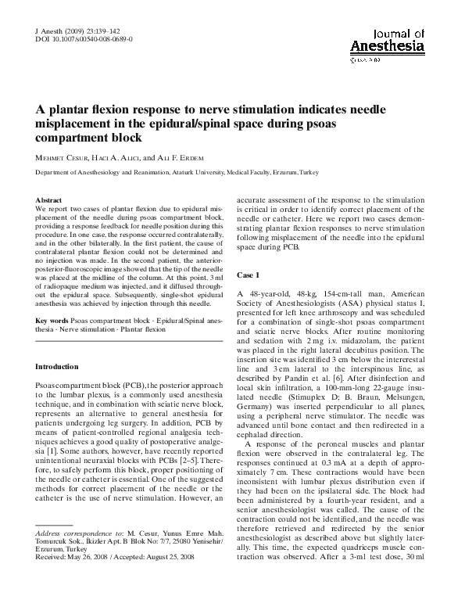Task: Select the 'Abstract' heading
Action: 49,201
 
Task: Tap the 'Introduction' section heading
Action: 57,367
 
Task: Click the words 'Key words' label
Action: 52,321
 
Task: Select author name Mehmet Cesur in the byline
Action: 66,157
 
